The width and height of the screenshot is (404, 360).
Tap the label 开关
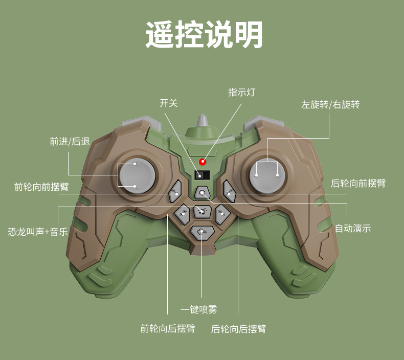[169, 103]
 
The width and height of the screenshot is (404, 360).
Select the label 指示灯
[241, 93]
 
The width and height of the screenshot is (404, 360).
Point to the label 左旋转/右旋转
[330, 105]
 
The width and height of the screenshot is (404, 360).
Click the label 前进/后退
[70, 142]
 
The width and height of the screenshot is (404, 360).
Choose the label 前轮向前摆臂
[41, 187]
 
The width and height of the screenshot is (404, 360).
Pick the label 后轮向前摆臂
[358, 183]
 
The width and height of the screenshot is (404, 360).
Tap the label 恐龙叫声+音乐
[38, 232]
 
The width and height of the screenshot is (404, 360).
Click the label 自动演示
[353, 229]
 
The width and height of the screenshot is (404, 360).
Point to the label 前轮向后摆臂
[168, 329]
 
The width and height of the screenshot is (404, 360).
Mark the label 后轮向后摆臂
[238, 329]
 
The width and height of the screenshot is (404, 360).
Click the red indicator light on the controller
[203, 163]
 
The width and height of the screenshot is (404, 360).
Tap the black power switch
[202, 175]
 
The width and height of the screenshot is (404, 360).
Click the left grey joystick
[136, 174]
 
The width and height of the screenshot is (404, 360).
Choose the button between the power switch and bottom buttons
[203, 193]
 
